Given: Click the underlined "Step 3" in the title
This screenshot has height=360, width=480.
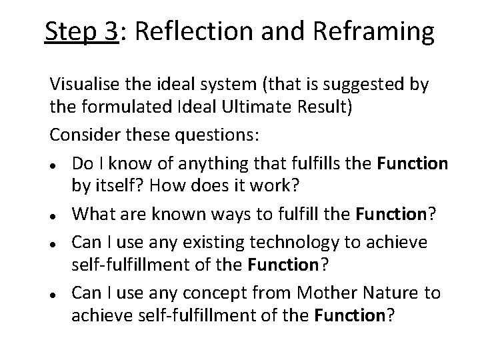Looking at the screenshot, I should [81, 32].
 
